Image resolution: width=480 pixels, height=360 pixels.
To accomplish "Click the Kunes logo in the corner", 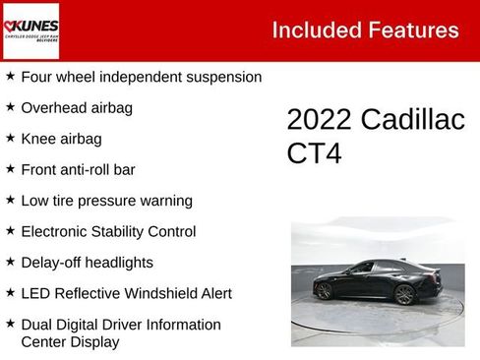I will pos(30,30).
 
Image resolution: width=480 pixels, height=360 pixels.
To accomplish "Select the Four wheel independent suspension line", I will pos(141,77).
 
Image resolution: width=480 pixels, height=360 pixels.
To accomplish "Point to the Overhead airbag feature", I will pos(77,107).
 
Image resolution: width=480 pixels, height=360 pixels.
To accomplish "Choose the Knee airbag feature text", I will pos(61,139).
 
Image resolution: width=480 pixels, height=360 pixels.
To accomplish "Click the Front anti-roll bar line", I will pos(78,169).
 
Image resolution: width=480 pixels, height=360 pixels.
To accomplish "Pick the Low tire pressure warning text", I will pos(106,201).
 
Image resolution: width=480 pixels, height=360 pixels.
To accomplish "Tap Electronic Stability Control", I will pos(108,232).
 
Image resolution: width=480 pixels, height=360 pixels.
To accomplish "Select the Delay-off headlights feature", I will pos(87,263).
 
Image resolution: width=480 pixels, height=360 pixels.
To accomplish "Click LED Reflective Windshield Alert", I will pos(126,293).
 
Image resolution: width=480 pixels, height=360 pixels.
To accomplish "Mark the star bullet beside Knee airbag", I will pos(10,138).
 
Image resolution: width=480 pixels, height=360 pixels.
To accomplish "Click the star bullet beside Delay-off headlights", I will pos(10,262).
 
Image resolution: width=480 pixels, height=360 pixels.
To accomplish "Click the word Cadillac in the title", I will pos(412,120).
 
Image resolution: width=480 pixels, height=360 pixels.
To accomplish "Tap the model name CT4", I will pos(315,153).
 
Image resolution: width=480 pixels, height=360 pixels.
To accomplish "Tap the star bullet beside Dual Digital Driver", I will pos(10,324).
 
